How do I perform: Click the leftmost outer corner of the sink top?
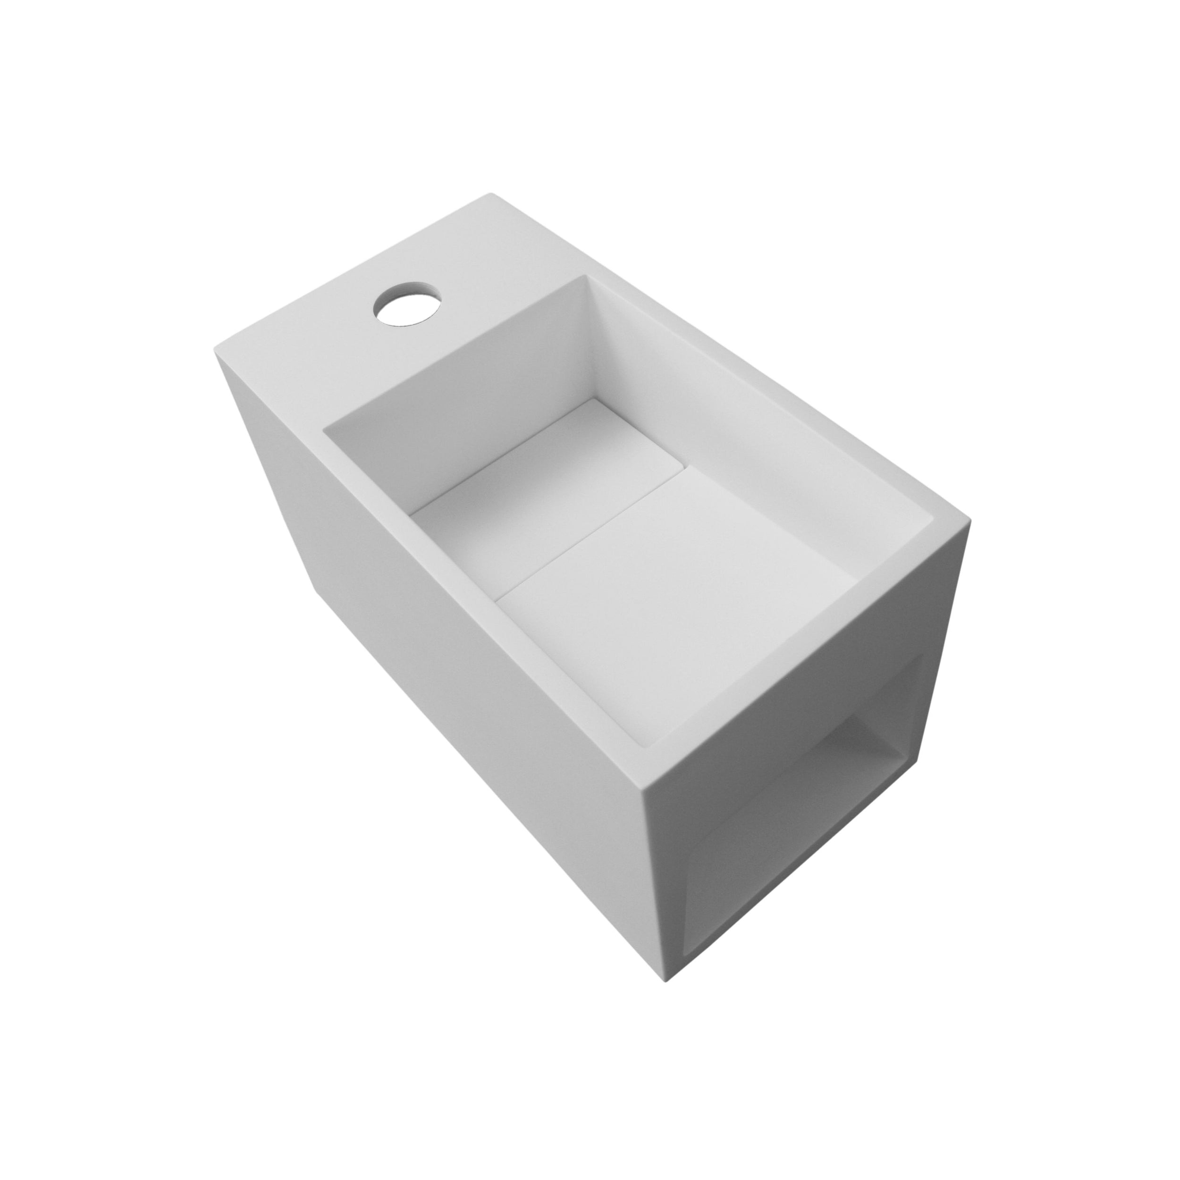[x=215, y=353]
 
